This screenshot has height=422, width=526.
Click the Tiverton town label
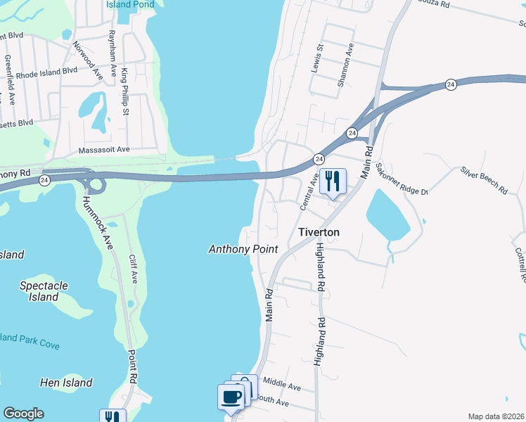click(319, 232)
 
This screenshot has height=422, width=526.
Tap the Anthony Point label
click(243, 249)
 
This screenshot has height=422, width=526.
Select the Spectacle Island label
click(44, 291)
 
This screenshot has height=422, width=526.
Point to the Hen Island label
click(66, 383)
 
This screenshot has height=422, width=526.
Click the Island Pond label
click(129, 4)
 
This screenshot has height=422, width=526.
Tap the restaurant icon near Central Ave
click(331, 181)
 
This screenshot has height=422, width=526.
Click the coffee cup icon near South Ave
click(232, 397)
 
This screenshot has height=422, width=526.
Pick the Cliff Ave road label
click(134, 269)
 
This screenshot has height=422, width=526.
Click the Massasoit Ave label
click(104, 149)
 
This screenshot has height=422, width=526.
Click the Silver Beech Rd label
click(484, 180)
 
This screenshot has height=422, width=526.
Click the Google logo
click(23, 414)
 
